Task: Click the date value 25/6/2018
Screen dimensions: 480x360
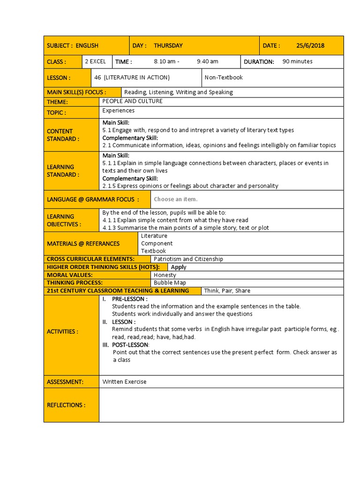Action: click(x=310, y=45)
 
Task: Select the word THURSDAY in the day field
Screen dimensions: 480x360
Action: click(x=168, y=45)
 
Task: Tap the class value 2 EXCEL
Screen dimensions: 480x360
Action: click(x=95, y=61)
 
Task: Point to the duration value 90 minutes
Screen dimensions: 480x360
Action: click(x=297, y=61)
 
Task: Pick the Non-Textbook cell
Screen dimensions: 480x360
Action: click(x=224, y=77)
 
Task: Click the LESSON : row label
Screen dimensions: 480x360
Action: click(x=59, y=78)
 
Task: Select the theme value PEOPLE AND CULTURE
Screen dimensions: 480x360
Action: click(x=132, y=101)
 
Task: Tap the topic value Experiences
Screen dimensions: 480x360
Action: click(x=119, y=111)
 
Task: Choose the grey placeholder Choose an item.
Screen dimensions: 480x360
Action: click(x=175, y=199)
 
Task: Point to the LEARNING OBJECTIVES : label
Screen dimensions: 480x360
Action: click(x=64, y=220)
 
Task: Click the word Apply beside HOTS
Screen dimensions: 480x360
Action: click(x=179, y=267)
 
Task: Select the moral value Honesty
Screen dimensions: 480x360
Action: click(x=165, y=275)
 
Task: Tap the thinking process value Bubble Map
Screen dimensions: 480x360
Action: click(x=170, y=283)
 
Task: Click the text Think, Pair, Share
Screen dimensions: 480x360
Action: click(x=227, y=291)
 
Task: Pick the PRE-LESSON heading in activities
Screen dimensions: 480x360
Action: click(x=129, y=299)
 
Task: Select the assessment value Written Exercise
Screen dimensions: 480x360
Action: click(x=124, y=382)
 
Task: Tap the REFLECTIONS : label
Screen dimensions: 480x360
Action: click(x=66, y=405)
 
